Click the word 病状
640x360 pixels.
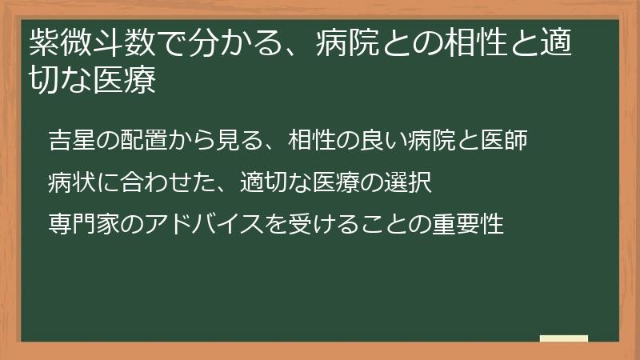coord(69,182)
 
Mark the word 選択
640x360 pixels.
coord(410,182)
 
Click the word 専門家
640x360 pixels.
coord(78,223)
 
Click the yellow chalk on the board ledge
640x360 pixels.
coord(564,338)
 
